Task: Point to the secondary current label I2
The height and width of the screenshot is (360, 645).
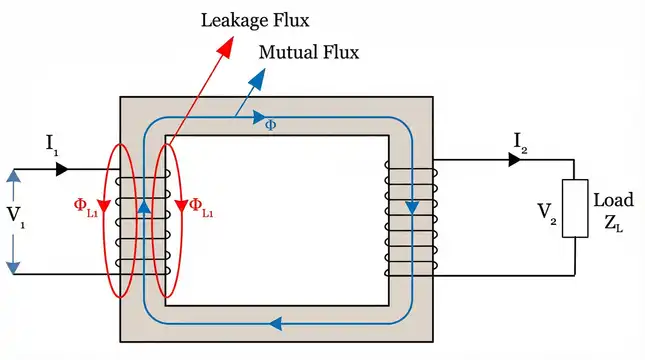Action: pos(520,145)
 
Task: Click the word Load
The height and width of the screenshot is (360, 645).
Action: pos(613,199)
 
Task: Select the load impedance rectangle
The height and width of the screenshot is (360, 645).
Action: pos(573,209)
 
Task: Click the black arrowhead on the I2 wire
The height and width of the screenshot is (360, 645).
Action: pos(515,160)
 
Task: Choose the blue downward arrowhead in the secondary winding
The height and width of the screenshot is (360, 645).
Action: pos(412,207)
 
